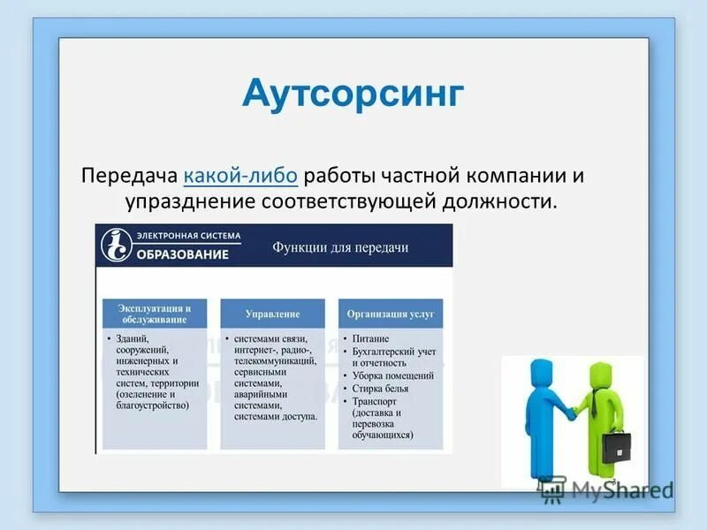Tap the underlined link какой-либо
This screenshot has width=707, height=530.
240,174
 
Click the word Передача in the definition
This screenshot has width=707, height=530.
132,174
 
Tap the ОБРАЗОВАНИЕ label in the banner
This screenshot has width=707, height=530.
183,254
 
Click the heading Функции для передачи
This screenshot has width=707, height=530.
339,247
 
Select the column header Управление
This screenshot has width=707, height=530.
272,314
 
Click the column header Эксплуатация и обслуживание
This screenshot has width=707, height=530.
155,314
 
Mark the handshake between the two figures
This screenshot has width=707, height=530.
573,413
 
